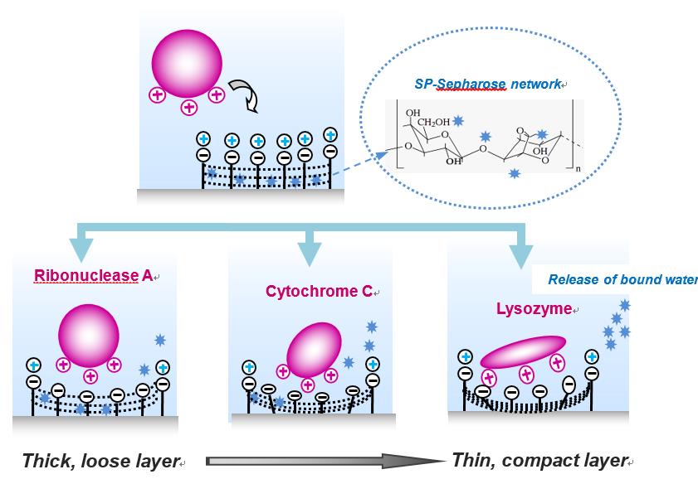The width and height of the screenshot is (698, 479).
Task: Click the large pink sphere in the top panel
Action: (188, 65)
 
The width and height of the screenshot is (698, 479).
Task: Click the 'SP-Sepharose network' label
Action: (489, 85)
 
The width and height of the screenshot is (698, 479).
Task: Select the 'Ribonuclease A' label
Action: (93, 276)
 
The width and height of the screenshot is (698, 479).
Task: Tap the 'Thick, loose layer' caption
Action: (100, 461)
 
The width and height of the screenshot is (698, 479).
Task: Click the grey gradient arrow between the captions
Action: (324, 461)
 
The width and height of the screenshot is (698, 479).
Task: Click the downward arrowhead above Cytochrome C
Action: (307, 254)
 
